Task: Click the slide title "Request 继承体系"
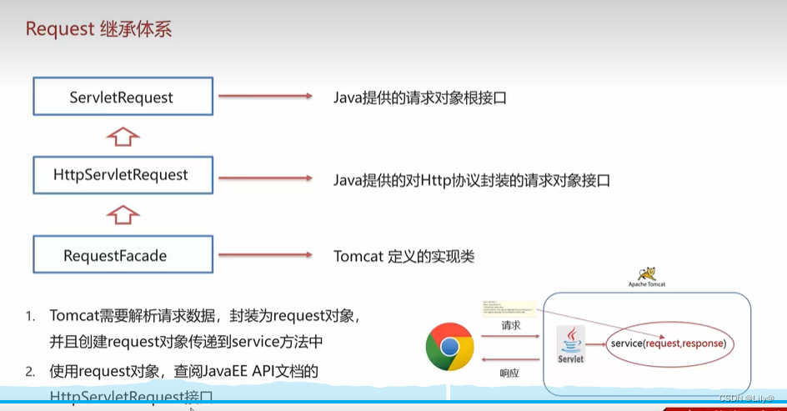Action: (x=99, y=29)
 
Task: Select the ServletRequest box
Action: (x=121, y=97)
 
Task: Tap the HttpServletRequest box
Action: (x=121, y=175)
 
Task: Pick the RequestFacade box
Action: (x=115, y=255)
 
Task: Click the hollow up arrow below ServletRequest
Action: (x=123, y=135)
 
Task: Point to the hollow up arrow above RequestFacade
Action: (x=123, y=214)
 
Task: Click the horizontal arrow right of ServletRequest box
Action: (x=264, y=97)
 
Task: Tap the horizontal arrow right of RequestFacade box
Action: (x=264, y=255)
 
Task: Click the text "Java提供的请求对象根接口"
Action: (x=420, y=98)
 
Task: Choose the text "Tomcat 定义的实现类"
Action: (x=404, y=256)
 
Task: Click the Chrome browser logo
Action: (x=449, y=346)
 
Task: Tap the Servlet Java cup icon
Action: (x=571, y=342)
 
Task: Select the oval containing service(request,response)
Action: (x=669, y=343)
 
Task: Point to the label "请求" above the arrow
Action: (x=510, y=325)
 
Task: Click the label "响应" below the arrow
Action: (x=509, y=373)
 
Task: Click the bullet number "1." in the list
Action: (x=30, y=316)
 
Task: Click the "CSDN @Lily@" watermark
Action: (x=746, y=398)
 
